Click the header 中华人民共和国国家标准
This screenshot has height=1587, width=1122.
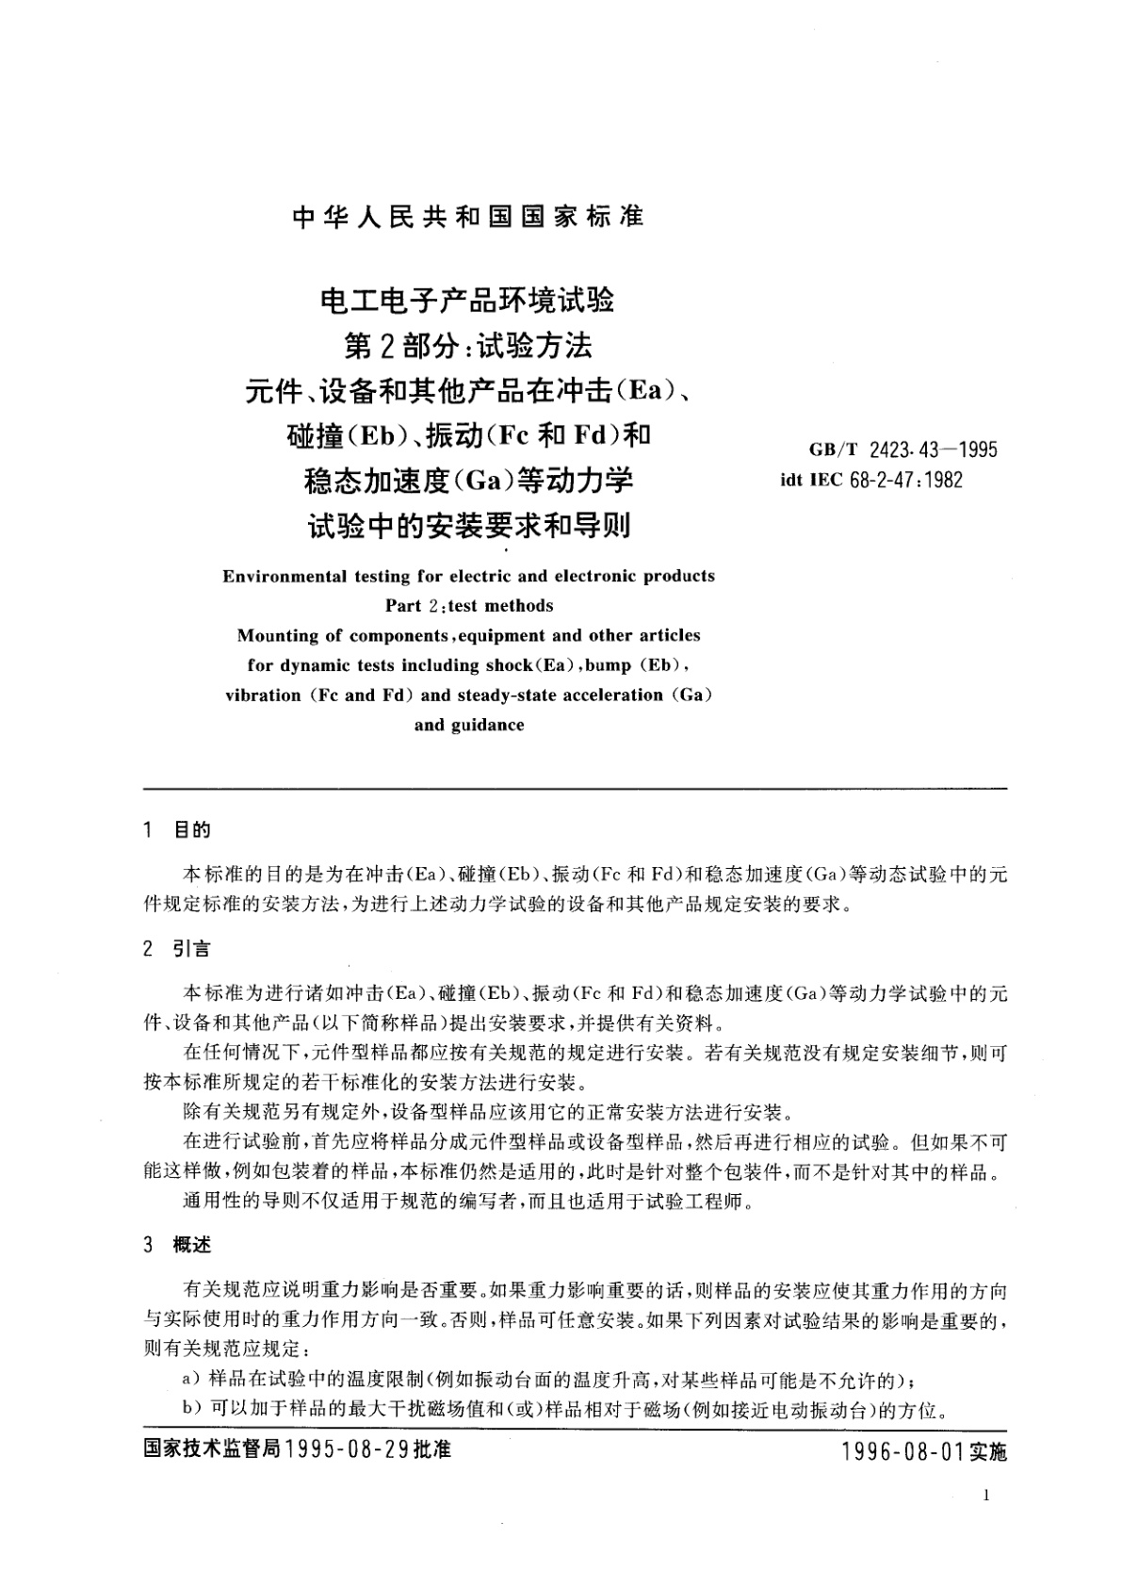tap(468, 217)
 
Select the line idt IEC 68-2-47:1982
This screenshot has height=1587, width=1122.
tap(871, 480)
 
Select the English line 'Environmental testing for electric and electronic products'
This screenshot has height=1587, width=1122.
tap(468, 576)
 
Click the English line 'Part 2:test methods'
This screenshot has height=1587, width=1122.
tap(468, 606)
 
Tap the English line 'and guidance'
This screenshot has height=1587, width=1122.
tap(468, 726)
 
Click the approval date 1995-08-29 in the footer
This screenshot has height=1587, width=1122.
tap(346, 1449)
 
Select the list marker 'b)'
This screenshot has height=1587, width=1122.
tap(190, 1410)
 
